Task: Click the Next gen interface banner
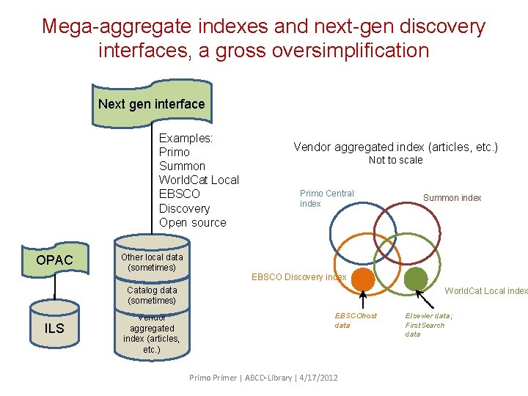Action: (x=152, y=104)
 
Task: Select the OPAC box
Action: (x=54, y=260)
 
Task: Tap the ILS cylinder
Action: (x=54, y=328)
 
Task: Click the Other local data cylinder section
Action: (x=152, y=262)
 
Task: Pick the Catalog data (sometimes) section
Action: (x=152, y=296)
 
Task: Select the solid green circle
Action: (x=416, y=279)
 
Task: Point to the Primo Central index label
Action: (x=326, y=198)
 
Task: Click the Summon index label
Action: (x=452, y=198)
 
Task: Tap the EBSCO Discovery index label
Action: (x=298, y=277)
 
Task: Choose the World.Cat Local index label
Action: (x=485, y=291)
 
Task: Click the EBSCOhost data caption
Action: (x=356, y=320)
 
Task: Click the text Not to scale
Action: (x=395, y=160)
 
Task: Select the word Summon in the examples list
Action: (x=182, y=166)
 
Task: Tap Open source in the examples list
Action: (x=192, y=222)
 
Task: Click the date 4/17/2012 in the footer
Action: (x=319, y=378)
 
